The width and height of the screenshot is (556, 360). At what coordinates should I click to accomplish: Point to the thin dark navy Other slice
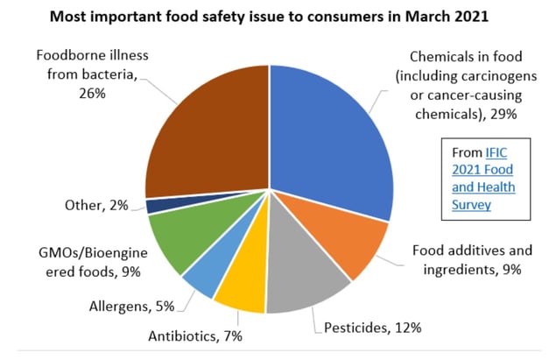pos(157,205)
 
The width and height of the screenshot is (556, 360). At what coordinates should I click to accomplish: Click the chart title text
pos(279,17)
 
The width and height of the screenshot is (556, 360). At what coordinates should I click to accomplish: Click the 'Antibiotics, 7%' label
pos(194,335)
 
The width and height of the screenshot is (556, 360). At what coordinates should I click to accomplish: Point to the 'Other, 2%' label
pos(95,205)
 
